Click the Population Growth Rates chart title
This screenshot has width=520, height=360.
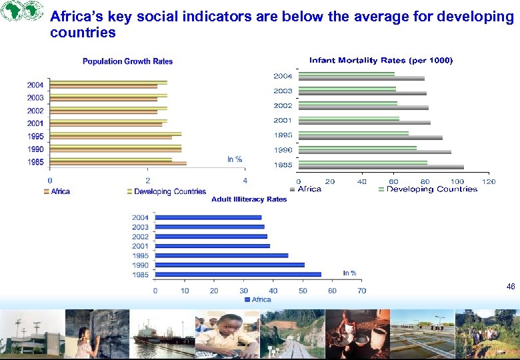click(127, 61)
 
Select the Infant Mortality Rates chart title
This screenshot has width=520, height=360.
click(381, 61)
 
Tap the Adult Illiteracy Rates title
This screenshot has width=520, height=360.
click(249, 199)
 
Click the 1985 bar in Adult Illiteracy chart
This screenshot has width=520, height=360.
click(238, 275)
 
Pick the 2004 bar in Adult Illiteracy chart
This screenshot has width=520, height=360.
click(208, 217)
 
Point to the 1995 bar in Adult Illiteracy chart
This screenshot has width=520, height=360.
click(221, 255)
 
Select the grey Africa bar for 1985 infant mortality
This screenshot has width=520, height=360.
click(381, 167)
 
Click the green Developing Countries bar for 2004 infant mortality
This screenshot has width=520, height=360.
click(346, 73)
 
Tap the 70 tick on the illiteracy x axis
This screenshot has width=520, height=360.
click(361, 291)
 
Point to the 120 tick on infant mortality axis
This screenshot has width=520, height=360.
click(489, 181)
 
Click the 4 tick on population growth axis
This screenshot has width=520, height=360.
click(245, 181)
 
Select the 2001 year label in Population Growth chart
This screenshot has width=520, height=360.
click(35, 123)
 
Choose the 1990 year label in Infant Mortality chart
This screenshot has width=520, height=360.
click(283, 150)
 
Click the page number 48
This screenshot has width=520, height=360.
click(510, 286)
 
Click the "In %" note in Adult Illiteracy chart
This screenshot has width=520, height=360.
click(349, 273)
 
